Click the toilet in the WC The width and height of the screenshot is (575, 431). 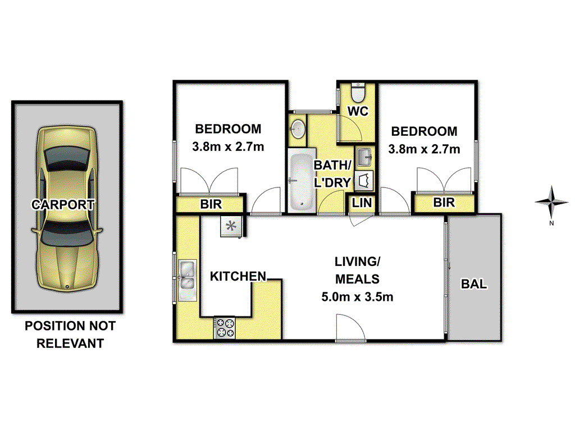tap(358, 91)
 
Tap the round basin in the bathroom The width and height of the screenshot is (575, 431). tap(298, 129)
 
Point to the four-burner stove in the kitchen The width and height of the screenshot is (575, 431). tap(225, 328)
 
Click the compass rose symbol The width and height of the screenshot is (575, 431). tap(553, 203)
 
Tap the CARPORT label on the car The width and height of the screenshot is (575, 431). tap(63, 205)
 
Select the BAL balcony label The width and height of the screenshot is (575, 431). tap(474, 285)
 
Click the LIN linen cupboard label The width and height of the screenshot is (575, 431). tap(362, 203)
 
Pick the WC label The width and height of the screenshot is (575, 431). tap(358, 111)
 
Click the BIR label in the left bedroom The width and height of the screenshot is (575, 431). tap(211, 205)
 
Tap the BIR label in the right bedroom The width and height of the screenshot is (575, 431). tap(444, 203)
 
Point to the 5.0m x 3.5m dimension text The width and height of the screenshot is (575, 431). tap(357, 297)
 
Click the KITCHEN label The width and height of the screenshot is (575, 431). tap(238, 276)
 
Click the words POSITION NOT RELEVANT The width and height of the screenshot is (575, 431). tap(70, 334)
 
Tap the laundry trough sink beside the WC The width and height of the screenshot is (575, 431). tap(363, 154)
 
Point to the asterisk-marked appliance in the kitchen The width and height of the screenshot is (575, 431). tap(230, 227)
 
